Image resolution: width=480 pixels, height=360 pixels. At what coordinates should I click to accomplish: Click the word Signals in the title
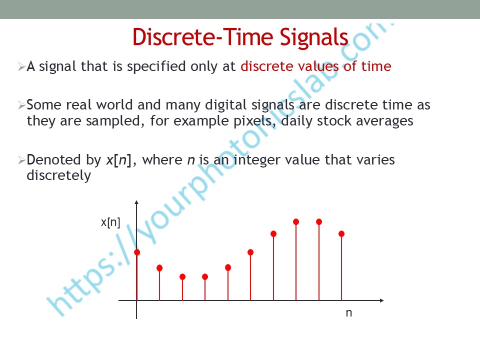(314, 38)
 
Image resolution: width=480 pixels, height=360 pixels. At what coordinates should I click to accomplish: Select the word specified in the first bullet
(156, 67)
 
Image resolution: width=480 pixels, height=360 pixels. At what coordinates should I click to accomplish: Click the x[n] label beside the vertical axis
(110, 222)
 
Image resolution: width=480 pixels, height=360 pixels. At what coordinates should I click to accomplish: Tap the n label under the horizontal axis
(349, 313)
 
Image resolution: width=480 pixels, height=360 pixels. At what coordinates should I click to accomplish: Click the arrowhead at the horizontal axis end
(381, 300)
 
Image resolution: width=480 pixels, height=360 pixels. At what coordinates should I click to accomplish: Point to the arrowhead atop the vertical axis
(136, 202)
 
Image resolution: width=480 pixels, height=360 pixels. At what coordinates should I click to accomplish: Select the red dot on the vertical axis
(137, 252)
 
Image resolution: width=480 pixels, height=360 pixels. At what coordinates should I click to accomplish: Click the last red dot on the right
(341, 234)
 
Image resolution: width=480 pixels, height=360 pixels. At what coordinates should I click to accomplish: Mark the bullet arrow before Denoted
(21, 160)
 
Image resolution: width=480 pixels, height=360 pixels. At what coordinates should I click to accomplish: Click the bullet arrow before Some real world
(21, 105)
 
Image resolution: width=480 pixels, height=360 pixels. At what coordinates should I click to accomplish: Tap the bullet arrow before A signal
(21, 66)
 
